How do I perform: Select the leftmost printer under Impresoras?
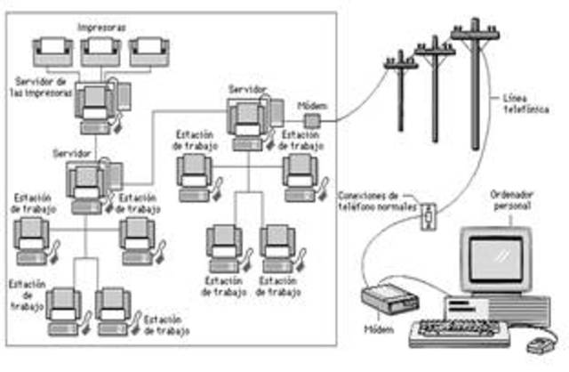53,52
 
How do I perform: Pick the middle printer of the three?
100,52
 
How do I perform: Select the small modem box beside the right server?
312,119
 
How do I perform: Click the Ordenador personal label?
516,200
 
